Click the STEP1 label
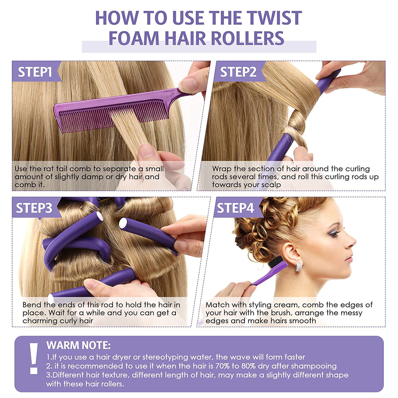(x=35, y=72)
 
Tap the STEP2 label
(x=238, y=72)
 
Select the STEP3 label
(x=34, y=208)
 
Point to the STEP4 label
(x=236, y=208)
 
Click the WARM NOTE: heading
(x=79, y=345)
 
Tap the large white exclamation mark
(x=34, y=358)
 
